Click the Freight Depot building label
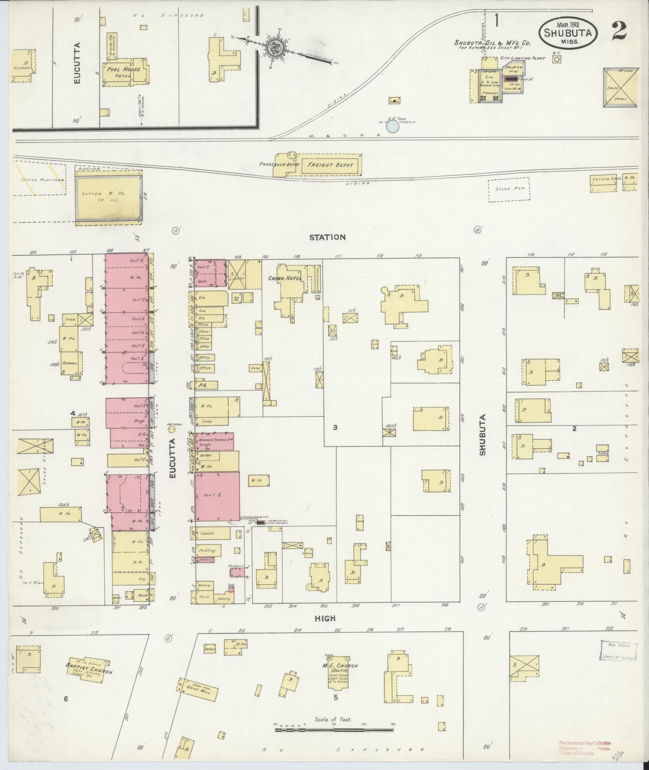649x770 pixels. (x=330, y=165)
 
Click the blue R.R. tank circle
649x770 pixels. (x=392, y=128)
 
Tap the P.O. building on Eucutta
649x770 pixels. (x=207, y=385)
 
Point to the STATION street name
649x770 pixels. (x=327, y=237)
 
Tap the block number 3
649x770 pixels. (x=335, y=427)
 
